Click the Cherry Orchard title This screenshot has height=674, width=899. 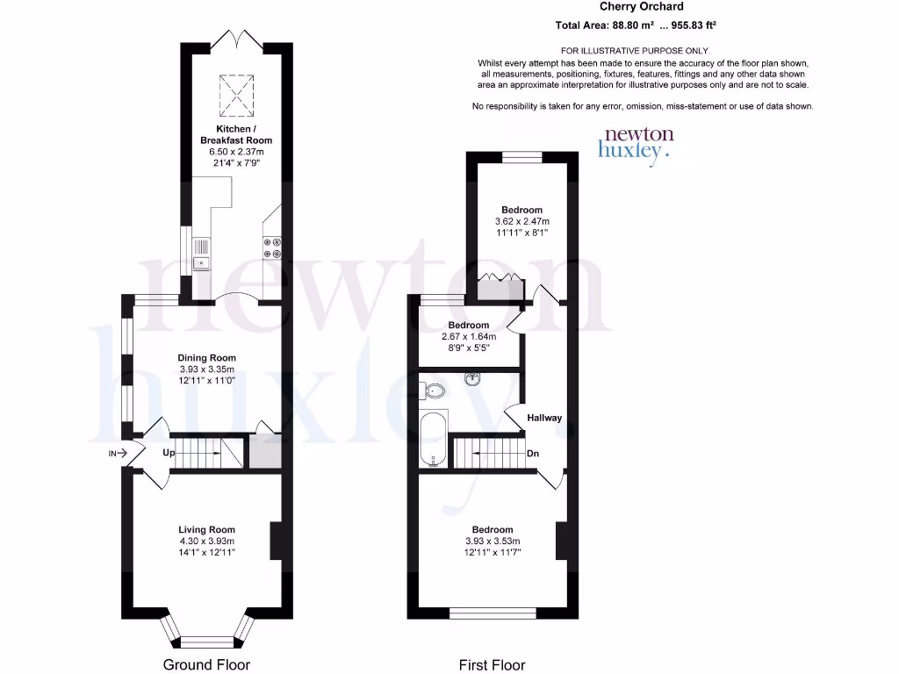[x=641, y=7]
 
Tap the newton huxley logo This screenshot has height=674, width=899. [x=636, y=141]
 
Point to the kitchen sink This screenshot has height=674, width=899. [x=201, y=252]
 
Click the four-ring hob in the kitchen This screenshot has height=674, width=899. [x=270, y=248]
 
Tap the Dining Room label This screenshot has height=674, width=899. [x=207, y=358]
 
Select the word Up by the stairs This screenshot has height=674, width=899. [x=169, y=453]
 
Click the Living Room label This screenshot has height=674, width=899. [x=207, y=529]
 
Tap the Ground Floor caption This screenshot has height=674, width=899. [x=207, y=664]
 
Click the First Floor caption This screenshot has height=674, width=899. [x=493, y=664]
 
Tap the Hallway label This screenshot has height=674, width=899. [x=544, y=418]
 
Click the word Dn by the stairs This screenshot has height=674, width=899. [x=533, y=454]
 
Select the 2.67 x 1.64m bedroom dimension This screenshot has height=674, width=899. [x=468, y=337]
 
